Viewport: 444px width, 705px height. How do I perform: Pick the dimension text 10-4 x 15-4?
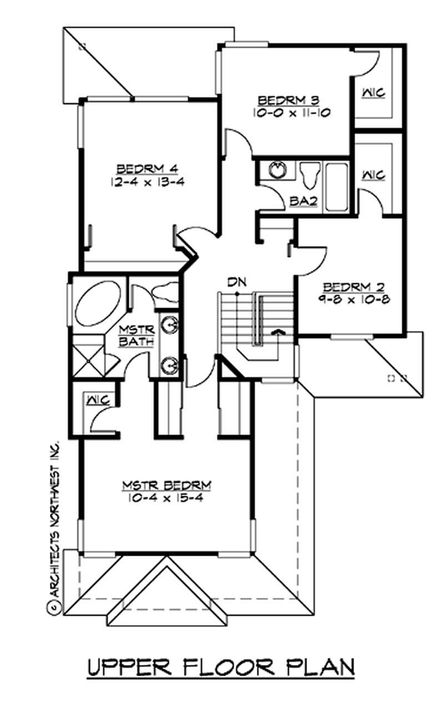click(167, 498)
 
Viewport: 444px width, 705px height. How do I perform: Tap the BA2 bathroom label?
click(303, 202)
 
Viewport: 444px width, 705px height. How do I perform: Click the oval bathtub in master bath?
click(99, 304)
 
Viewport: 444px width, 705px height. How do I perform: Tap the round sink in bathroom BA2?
click(276, 170)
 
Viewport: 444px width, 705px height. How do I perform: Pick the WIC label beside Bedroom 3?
click(374, 93)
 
